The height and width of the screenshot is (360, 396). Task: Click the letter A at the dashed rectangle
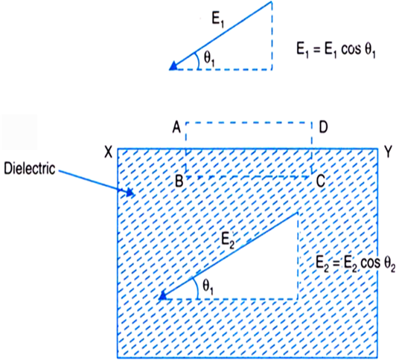[x=176, y=127]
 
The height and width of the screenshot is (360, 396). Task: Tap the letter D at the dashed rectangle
[x=323, y=127]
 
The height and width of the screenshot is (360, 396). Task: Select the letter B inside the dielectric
[x=179, y=181]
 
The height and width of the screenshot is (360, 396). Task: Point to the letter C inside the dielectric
[x=321, y=181]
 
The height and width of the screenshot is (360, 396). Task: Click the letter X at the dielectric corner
[x=109, y=152]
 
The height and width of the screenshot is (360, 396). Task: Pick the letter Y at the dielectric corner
[x=388, y=152]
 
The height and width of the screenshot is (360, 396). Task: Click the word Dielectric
[x=30, y=168]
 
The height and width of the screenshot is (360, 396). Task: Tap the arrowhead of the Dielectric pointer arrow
[x=130, y=192]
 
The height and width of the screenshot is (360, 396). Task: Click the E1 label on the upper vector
[x=218, y=20]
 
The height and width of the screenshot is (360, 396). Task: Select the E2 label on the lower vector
[x=228, y=240]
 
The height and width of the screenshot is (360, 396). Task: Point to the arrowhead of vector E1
[x=173, y=66]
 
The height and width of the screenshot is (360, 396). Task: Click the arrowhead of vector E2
[x=162, y=296]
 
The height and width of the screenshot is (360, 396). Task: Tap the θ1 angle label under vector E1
[x=209, y=60]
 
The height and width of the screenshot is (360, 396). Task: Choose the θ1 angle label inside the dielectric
[x=208, y=288]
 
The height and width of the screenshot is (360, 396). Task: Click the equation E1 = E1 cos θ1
[x=336, y=50]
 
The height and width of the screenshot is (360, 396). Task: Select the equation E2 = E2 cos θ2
[x=356, y=264]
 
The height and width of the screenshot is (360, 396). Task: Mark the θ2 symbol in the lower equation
[x=390, y=265]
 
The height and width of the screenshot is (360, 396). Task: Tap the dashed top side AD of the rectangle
[x=249, y=123]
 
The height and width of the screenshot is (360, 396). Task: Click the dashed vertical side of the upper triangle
[x=272, y=35]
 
